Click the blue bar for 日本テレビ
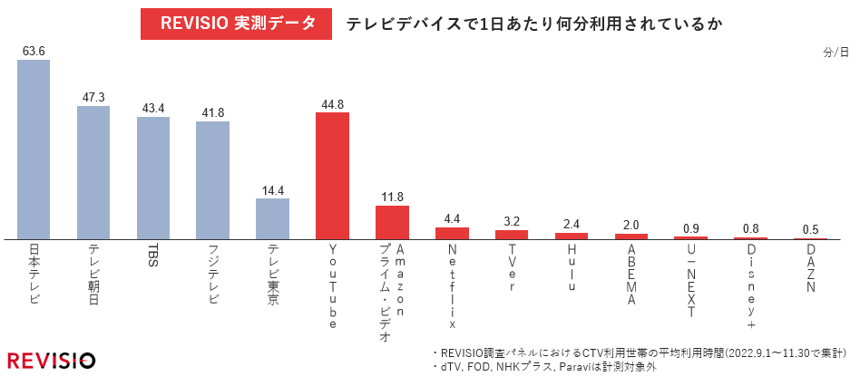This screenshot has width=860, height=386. tap(34, 150)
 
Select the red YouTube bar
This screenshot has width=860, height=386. tap(332, 176)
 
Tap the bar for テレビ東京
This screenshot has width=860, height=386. tap(272, 218)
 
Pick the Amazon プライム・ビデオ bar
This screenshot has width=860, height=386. tap(392, 222)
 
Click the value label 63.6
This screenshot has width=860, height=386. tap(34, 51)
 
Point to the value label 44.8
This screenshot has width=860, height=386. tap(332, 103)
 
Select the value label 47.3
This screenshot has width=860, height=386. tap(93, 96)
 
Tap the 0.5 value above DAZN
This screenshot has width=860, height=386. tap(811, 228)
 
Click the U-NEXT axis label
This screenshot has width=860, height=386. tap(691, 280)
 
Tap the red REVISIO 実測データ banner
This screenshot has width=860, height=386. tap(232, 23)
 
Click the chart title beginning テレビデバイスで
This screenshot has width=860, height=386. tap(533, 24)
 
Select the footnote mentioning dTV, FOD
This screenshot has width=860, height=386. tap(544, 368)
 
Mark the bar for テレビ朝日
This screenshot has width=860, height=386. tap(93, 172)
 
